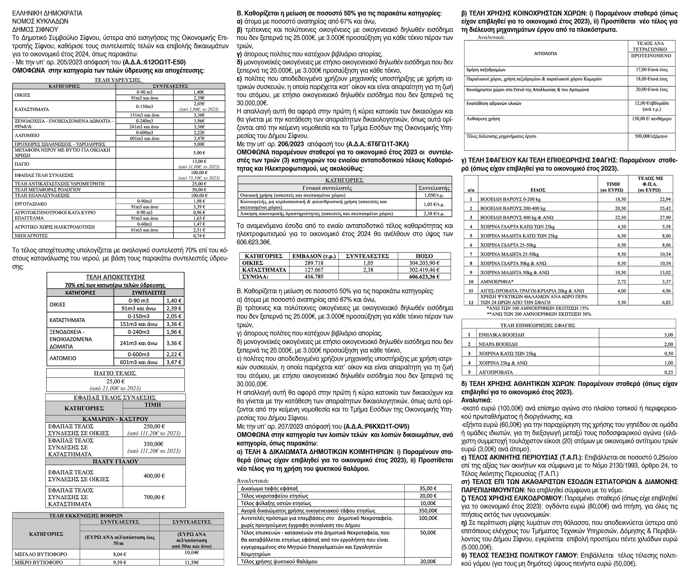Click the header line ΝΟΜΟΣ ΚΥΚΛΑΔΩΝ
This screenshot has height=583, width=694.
40,21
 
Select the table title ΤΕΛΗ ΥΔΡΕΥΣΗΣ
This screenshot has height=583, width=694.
118,80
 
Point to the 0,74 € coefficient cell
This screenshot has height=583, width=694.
199,236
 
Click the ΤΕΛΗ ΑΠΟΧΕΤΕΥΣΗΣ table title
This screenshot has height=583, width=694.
115,277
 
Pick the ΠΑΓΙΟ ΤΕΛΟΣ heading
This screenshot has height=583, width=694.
115,373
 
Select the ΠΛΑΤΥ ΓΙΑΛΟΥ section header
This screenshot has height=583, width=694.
115,461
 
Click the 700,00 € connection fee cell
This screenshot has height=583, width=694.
154,497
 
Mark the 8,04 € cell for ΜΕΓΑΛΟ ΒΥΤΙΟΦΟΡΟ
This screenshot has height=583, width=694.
119,554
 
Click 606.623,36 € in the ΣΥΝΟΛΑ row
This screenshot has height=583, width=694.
424,277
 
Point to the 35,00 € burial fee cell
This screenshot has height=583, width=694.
428,488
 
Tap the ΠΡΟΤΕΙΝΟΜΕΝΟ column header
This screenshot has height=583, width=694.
651,55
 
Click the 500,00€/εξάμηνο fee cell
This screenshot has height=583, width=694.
651,136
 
